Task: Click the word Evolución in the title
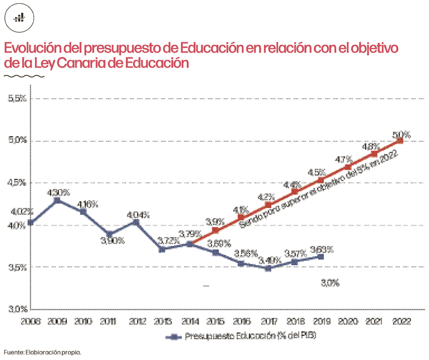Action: [x=36, y=48]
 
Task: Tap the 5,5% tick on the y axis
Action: [x=16, y=99]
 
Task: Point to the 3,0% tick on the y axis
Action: [x=16, y=309]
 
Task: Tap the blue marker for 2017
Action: [x=268, y=268]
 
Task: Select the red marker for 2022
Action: [x=400, y=140]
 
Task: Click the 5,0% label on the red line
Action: [x=401, y=133]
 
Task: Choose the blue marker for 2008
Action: [x=31, y=222]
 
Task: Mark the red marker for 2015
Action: [x=216, y=230]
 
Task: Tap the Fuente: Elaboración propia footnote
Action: [x=43, y=352]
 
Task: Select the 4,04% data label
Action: [x=138, y=214]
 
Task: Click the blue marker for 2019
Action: [x=321, y=257]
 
